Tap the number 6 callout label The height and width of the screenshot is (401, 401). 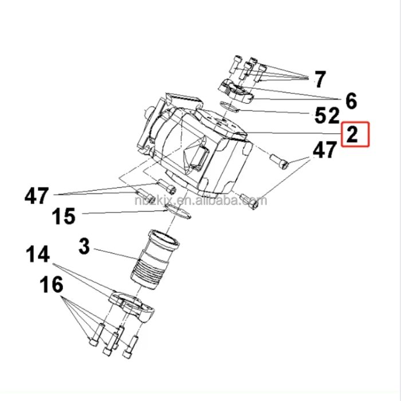[x=351, y=101]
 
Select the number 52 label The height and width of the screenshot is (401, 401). [x=327, y=116]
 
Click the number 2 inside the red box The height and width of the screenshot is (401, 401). [x=355, y=136]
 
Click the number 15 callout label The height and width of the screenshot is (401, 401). [x=64, y=217]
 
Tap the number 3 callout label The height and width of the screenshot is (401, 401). [x=84, y=247]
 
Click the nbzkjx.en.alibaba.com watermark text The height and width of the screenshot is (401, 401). [x=200, y=201]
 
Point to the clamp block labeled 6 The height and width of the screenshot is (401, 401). [x=235, y=89]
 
